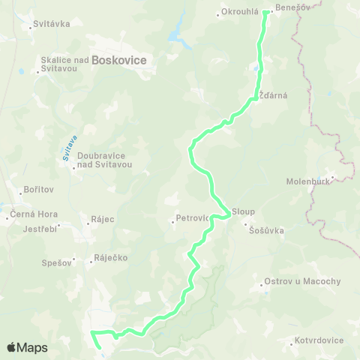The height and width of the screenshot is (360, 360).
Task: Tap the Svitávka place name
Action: pyautogui.click(x=52, y=24)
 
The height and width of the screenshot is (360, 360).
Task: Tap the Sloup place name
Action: pyautogui.click(x=244, y=211)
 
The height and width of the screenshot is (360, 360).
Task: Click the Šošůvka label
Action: pyautogui.click(x=268, y=231)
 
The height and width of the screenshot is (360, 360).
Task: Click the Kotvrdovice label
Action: pyautogui.click(x=316, y=340)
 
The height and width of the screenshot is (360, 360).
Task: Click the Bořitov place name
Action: pyautogui.click(x=37, y=192)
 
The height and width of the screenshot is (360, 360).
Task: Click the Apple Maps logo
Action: pyautogui.click(x=27, y=347)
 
